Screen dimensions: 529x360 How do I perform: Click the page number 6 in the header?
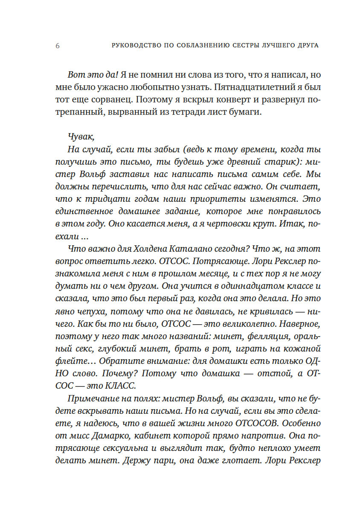58,46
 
